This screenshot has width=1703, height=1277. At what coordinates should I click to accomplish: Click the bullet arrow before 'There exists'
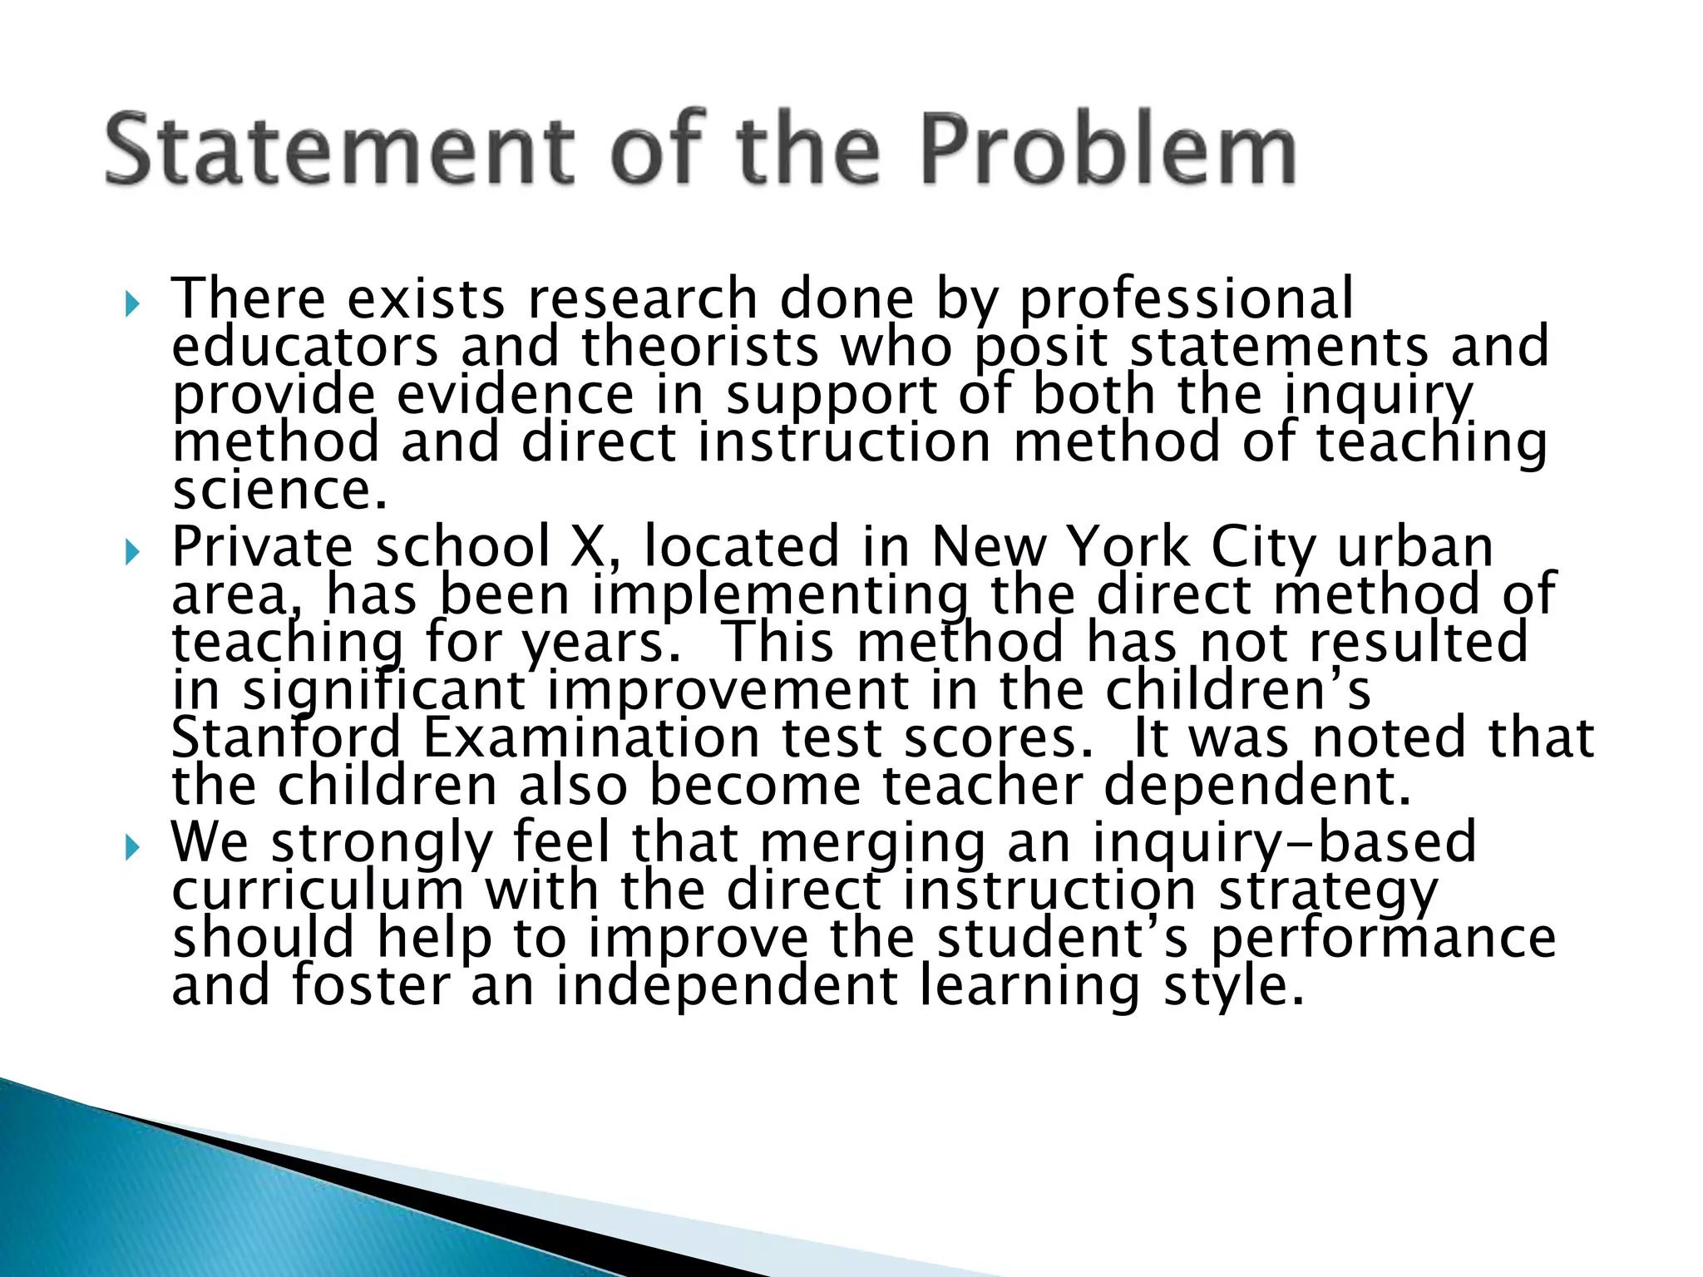click(131, 304)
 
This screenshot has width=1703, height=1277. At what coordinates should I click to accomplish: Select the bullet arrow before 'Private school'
click(131, 552)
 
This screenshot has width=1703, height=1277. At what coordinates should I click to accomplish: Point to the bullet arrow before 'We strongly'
click(131, 848)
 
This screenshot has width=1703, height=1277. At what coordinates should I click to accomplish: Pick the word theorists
click(699, 347)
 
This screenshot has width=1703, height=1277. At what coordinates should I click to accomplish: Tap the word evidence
click(515, 394)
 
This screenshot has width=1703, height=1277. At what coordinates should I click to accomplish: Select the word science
click(279, 490)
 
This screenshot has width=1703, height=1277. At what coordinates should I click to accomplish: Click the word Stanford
click(286, 737)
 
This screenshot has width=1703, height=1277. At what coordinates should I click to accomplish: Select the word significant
click(384, 692)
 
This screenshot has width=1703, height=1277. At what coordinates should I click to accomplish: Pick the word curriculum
click(318, 890)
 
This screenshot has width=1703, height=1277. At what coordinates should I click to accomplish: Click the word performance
click(1383, 939)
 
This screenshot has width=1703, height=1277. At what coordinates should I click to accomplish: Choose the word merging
click(872, 843)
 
